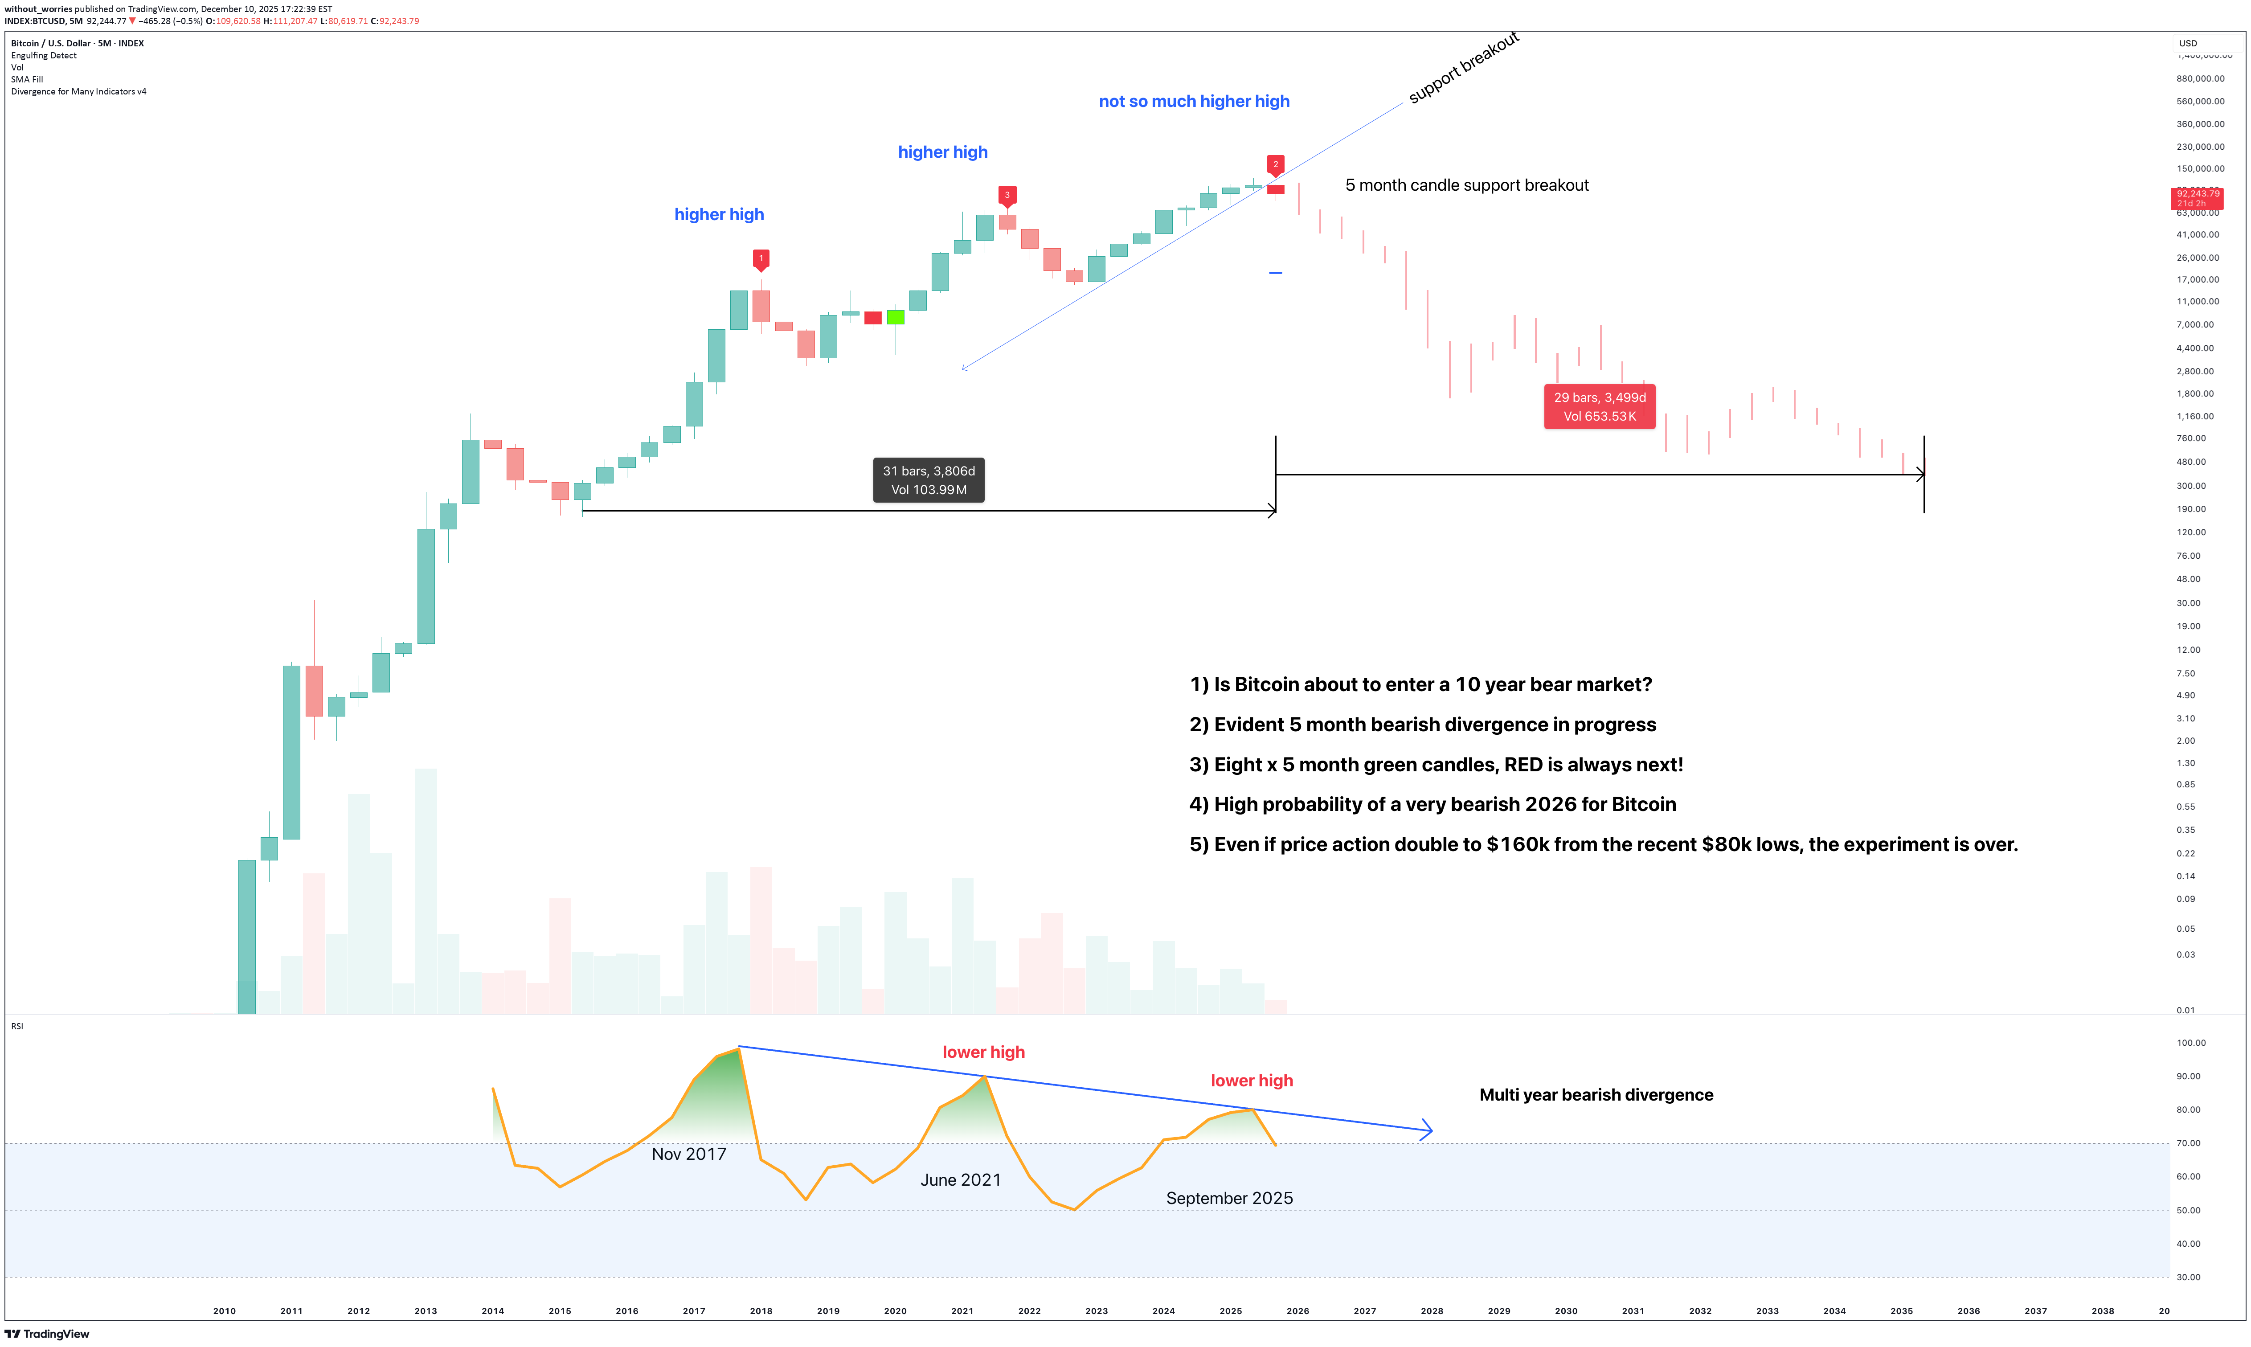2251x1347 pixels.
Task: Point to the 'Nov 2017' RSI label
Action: coord(689,1154)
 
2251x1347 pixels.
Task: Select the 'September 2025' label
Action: coord(1229,1198)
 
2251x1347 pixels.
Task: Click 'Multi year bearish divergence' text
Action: coord(1596,1095)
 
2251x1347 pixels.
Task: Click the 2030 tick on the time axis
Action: coord(1566,1311)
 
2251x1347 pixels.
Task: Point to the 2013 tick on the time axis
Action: coord(426,1311)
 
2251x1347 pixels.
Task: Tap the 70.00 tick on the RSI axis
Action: coord(2188,1143)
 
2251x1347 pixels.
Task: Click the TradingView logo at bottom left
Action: coord(47,1333)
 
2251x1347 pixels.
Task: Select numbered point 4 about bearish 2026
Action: coord(1432,804)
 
